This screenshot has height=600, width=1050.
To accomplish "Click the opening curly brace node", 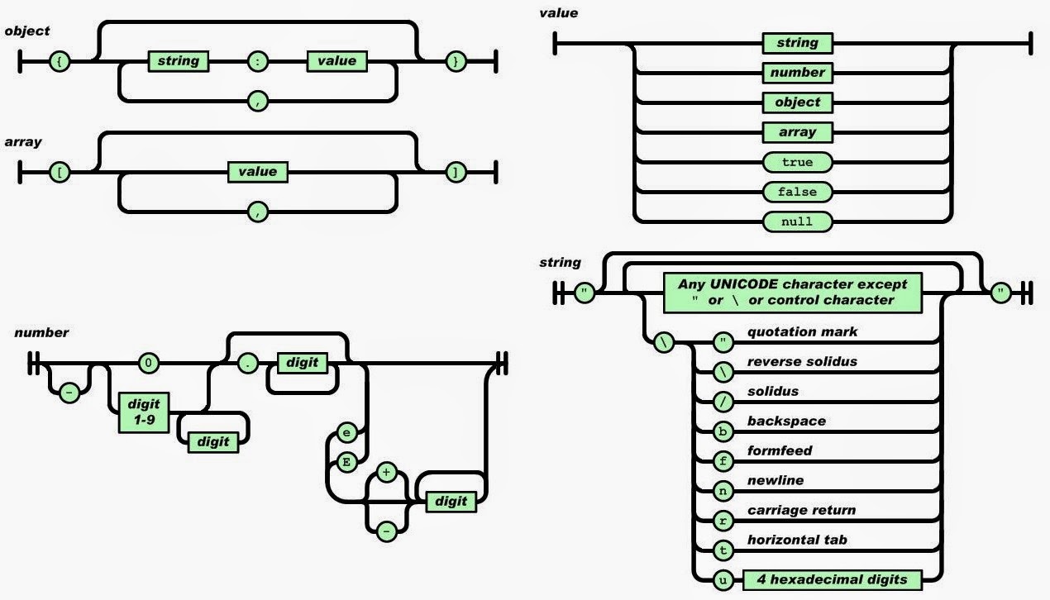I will point(60,61).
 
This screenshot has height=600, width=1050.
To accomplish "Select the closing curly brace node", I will point(454,61).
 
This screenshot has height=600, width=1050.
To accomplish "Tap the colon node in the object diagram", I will point(258,61).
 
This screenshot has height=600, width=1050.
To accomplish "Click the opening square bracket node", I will point(60,173).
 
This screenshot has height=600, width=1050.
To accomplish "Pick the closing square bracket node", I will point(454,173).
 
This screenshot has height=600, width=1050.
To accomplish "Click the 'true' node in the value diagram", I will point(797,162).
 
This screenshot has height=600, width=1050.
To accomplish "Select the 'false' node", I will point(797,192).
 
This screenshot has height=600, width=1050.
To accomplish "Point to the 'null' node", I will point(797,221).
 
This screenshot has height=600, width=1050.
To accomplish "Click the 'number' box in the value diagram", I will point(797,73).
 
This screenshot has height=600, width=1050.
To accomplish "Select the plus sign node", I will point(386,472).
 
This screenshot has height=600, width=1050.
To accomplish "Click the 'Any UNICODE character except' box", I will point(792,292).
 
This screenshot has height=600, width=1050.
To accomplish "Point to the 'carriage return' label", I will point(801,510).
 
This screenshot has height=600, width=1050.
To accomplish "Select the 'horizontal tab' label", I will point(797,540).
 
